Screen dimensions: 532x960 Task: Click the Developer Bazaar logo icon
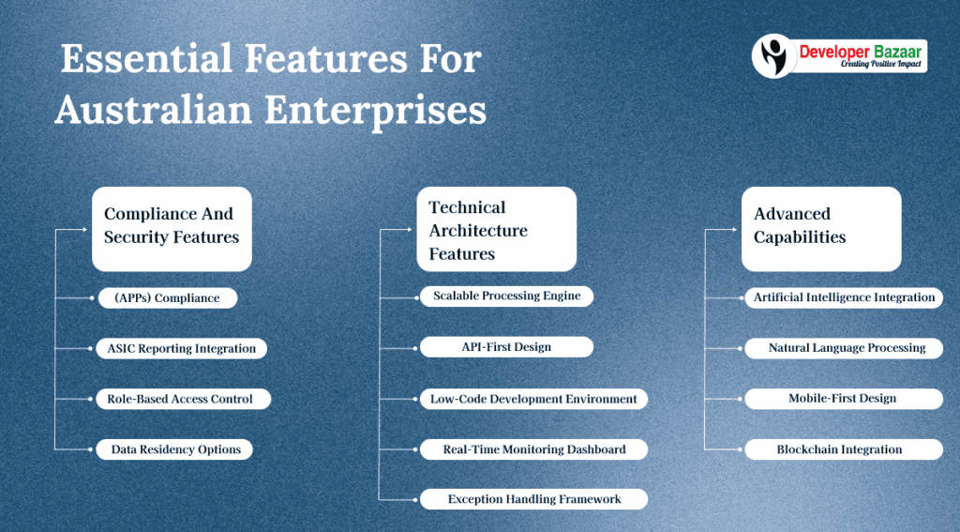click(775, 55)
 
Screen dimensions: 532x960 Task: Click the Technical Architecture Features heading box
click(496, 230)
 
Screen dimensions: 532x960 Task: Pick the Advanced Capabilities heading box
click(821, 226)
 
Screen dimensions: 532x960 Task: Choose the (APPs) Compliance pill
click(168, 298)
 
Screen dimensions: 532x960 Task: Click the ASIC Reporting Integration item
click(182, 349)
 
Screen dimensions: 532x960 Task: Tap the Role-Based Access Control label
click(182, 399)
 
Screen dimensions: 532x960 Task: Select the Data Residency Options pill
click(176, 449)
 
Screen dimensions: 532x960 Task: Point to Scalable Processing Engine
click(506, 296)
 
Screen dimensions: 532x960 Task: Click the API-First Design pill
click(506, 347)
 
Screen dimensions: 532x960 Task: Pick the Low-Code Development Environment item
click(533, 399)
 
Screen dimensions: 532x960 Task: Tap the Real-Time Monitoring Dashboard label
click(534, 449)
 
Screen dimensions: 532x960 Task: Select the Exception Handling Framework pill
click(534, 499)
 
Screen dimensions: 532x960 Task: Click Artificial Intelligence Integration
click(844, 297)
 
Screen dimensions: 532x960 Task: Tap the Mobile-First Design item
click(842, 399)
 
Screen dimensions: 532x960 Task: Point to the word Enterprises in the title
click(375, 110)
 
